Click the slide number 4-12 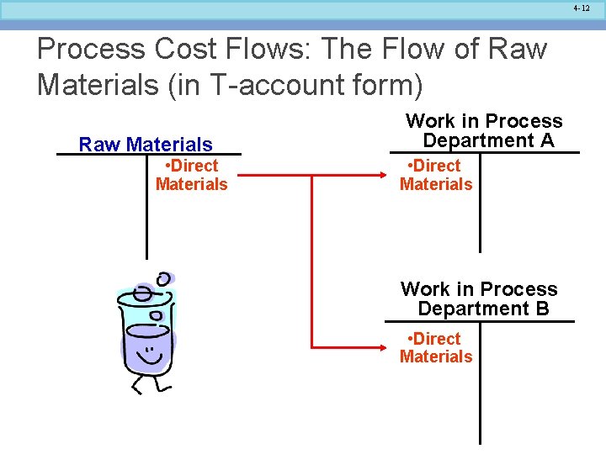click(582, 8)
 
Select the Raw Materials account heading click(146, 145)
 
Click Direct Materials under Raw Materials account click(191, 175)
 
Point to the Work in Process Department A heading click(484, 130)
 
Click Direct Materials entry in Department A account click(436, 175)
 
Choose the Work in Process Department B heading click(480, 298)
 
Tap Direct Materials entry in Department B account click(436, 347)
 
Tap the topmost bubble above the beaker click(164, 278)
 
